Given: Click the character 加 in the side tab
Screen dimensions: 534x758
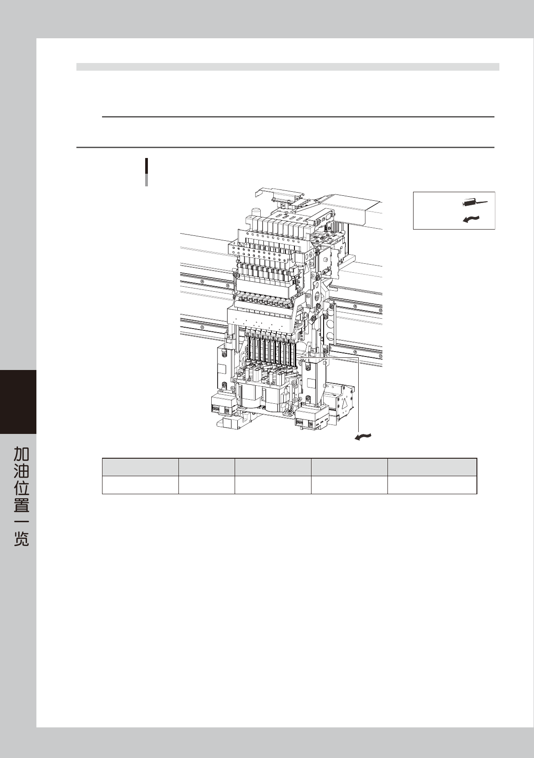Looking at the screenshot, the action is point(21,454).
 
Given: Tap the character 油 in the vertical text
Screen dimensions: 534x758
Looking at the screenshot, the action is point(21,471).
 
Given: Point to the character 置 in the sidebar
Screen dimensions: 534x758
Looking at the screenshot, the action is point(21,505).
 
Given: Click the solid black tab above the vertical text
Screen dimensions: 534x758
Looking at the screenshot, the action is point(18,402).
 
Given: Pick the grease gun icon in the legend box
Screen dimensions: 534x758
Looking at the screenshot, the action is point(475,203).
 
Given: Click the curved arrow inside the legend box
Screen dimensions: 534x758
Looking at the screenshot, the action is point(471,219).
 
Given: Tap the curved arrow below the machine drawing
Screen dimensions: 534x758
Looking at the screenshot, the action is point(363,437).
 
